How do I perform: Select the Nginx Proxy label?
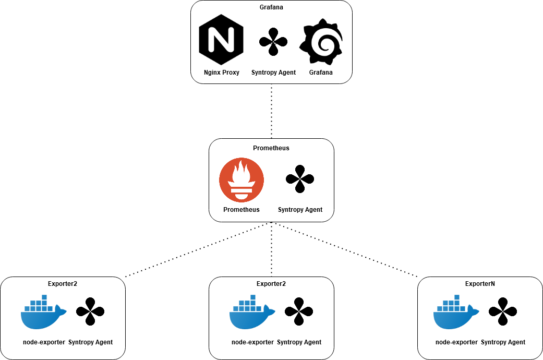pyautogui.click(x=222, y=73)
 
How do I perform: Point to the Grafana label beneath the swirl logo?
pyautogui.click(x=321, y=73)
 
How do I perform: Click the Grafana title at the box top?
pyautogui.click(x=271, y=7)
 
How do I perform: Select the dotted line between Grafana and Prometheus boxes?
pyautogui.click(x=271, y=112)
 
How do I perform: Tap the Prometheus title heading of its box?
pyautogui.click(x=271, y=148)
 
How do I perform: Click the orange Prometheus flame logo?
pyautogui.click(x=242, y=181)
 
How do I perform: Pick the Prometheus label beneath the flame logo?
pyautogui.click(x=242, y=210)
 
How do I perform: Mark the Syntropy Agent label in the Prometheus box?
pyautogui.click(x=300, y=210)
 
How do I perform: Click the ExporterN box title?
pyautogui.click(x=480, y=284)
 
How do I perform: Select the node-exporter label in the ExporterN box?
pyautogui.click(x=456, y=342)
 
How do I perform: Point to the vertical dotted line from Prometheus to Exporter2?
pyautogui.click(x=271, y=250)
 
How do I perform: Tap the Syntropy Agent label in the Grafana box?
pyautogui.click(x=273, y=73)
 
